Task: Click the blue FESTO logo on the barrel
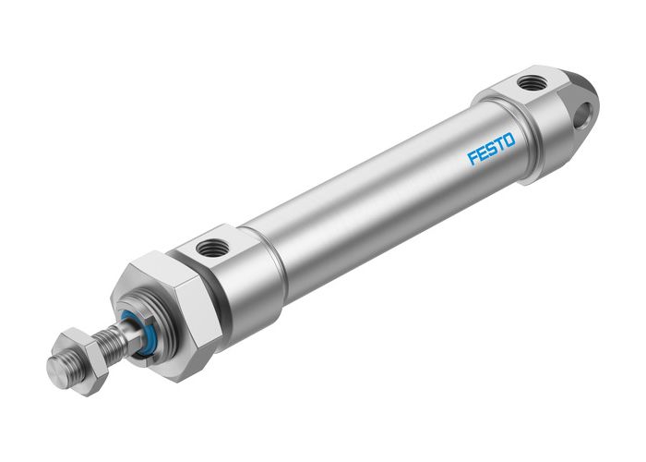(491, 148)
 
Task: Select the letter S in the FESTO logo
(491, 148)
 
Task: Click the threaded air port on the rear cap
(532, 84)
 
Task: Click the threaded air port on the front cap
(215, 247)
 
